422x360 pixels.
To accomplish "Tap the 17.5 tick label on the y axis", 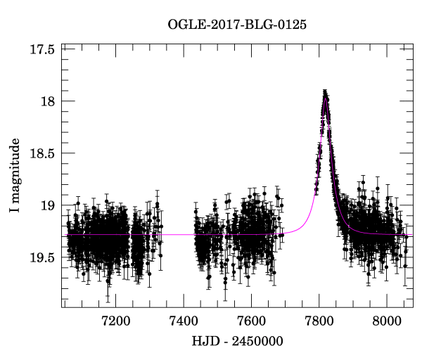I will pyautogui.click(x=43, y=49).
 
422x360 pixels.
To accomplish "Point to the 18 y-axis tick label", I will pyautogui.click(x=49, y=101).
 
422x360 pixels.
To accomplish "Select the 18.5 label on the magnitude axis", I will pyautogui.click(x=43, y=153).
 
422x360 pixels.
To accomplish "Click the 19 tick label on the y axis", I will pyautogui.click(x=49, y=205).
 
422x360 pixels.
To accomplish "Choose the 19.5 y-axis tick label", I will pyautogui.click(x=43, y=258).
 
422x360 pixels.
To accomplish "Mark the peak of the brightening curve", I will pyautogui.click(x=326, y=92).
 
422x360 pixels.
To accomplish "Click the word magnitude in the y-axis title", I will pyautogui.click(x=15, y=169).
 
